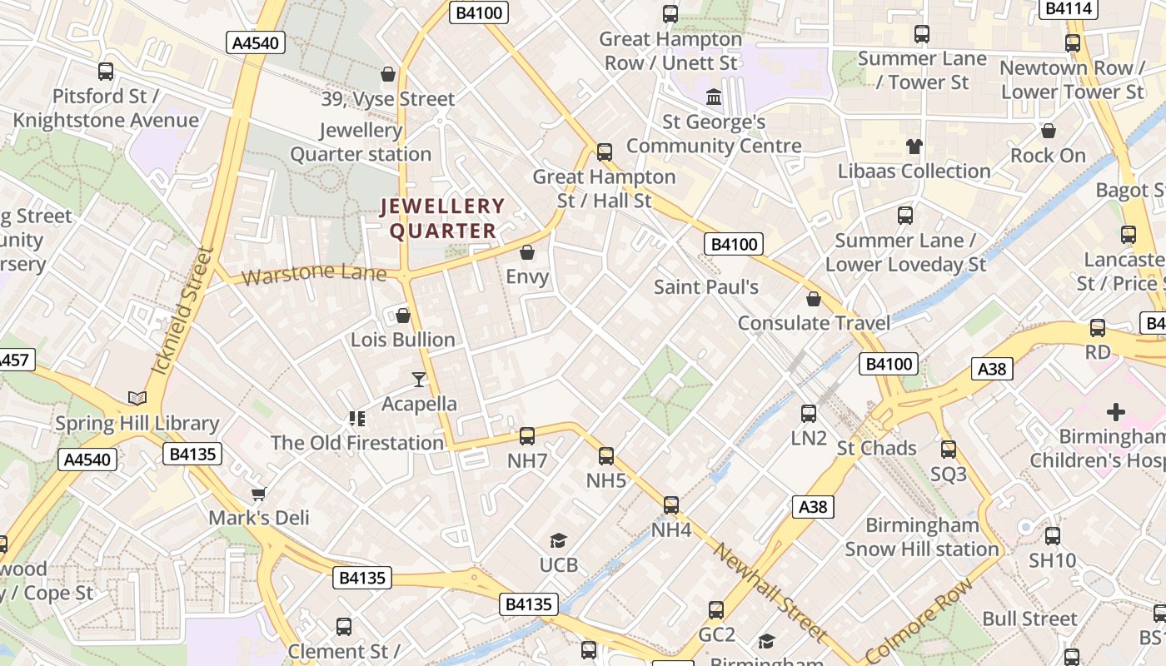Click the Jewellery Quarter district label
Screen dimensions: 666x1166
click(x=443, y=218)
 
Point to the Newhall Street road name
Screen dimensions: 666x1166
click(x=770, y=594)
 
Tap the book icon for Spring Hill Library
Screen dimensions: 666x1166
click(x=137, y=399)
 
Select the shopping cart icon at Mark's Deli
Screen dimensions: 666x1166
click(x=259, y=494)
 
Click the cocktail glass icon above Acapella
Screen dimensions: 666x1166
click(x=418, y=380)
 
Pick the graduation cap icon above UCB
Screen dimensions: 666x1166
click(x=558, y=541)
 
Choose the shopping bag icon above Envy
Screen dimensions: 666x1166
click(x=527, y=251)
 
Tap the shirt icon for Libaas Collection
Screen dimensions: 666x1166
click(x=914, y=147)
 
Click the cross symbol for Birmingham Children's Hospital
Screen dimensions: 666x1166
click(x=1115, y=412)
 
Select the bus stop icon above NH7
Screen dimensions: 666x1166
click(x=527, y=435)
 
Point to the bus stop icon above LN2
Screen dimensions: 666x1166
click(x=808, y=413)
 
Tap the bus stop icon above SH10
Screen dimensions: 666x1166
click(x=1053, y=536)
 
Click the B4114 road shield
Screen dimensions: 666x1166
click(x=1069, y=9)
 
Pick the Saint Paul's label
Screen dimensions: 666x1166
click(x=706, y=287)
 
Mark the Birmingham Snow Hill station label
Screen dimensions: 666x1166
click(x=922, y=537)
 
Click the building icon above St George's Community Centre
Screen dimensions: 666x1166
click(x=714, y=97)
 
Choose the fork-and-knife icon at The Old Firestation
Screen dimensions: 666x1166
click(x=357, y=418)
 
